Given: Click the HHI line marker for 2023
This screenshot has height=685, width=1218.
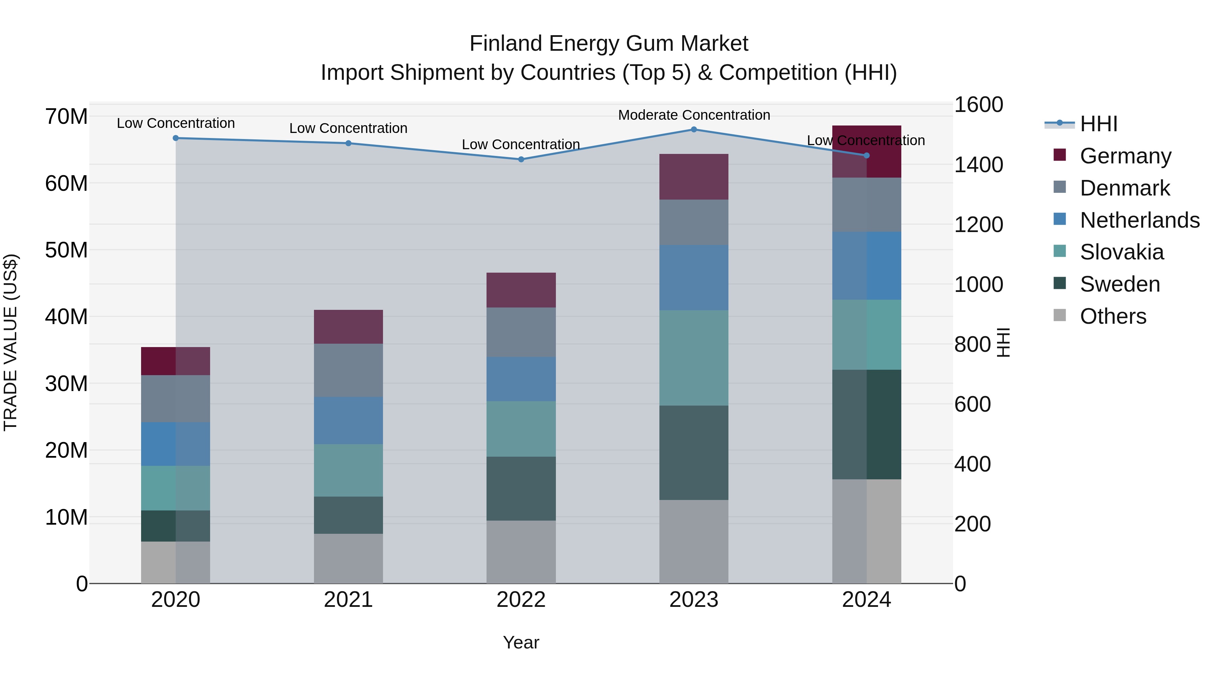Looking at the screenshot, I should coord(694,130).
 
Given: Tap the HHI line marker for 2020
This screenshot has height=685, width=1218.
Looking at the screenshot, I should coord(175,138).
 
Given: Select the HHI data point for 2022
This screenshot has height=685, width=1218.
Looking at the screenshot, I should coord(521,159).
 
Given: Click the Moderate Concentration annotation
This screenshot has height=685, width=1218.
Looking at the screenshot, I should coord(694,115).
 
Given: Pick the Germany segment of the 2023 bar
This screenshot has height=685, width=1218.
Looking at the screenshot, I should coord(694,177).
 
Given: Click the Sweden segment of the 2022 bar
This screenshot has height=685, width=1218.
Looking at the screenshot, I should coord(521,488).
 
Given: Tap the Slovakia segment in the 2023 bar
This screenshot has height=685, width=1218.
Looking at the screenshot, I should coord(694,358).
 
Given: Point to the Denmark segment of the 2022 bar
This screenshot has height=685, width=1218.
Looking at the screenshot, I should coord(521,332).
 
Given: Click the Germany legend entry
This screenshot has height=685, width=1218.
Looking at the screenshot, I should coord(1125,156).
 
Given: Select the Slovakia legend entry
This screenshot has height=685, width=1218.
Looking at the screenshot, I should coord(1122,252).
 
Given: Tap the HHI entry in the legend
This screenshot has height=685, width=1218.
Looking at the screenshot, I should coord(1098,124).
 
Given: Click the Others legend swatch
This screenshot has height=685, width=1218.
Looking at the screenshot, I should coord(1060,315).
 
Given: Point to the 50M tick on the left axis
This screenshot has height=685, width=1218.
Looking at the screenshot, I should coord(66,250).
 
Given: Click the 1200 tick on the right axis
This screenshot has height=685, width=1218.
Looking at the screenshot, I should coord(978,225).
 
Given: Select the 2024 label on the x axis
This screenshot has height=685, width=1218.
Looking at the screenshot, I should coord(866,600).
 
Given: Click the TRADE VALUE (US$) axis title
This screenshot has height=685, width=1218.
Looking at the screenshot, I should coord(10,342).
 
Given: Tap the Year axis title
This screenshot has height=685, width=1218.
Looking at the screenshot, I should coord(521,642).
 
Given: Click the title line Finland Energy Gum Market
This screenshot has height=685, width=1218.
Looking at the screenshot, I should coord(609,44).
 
